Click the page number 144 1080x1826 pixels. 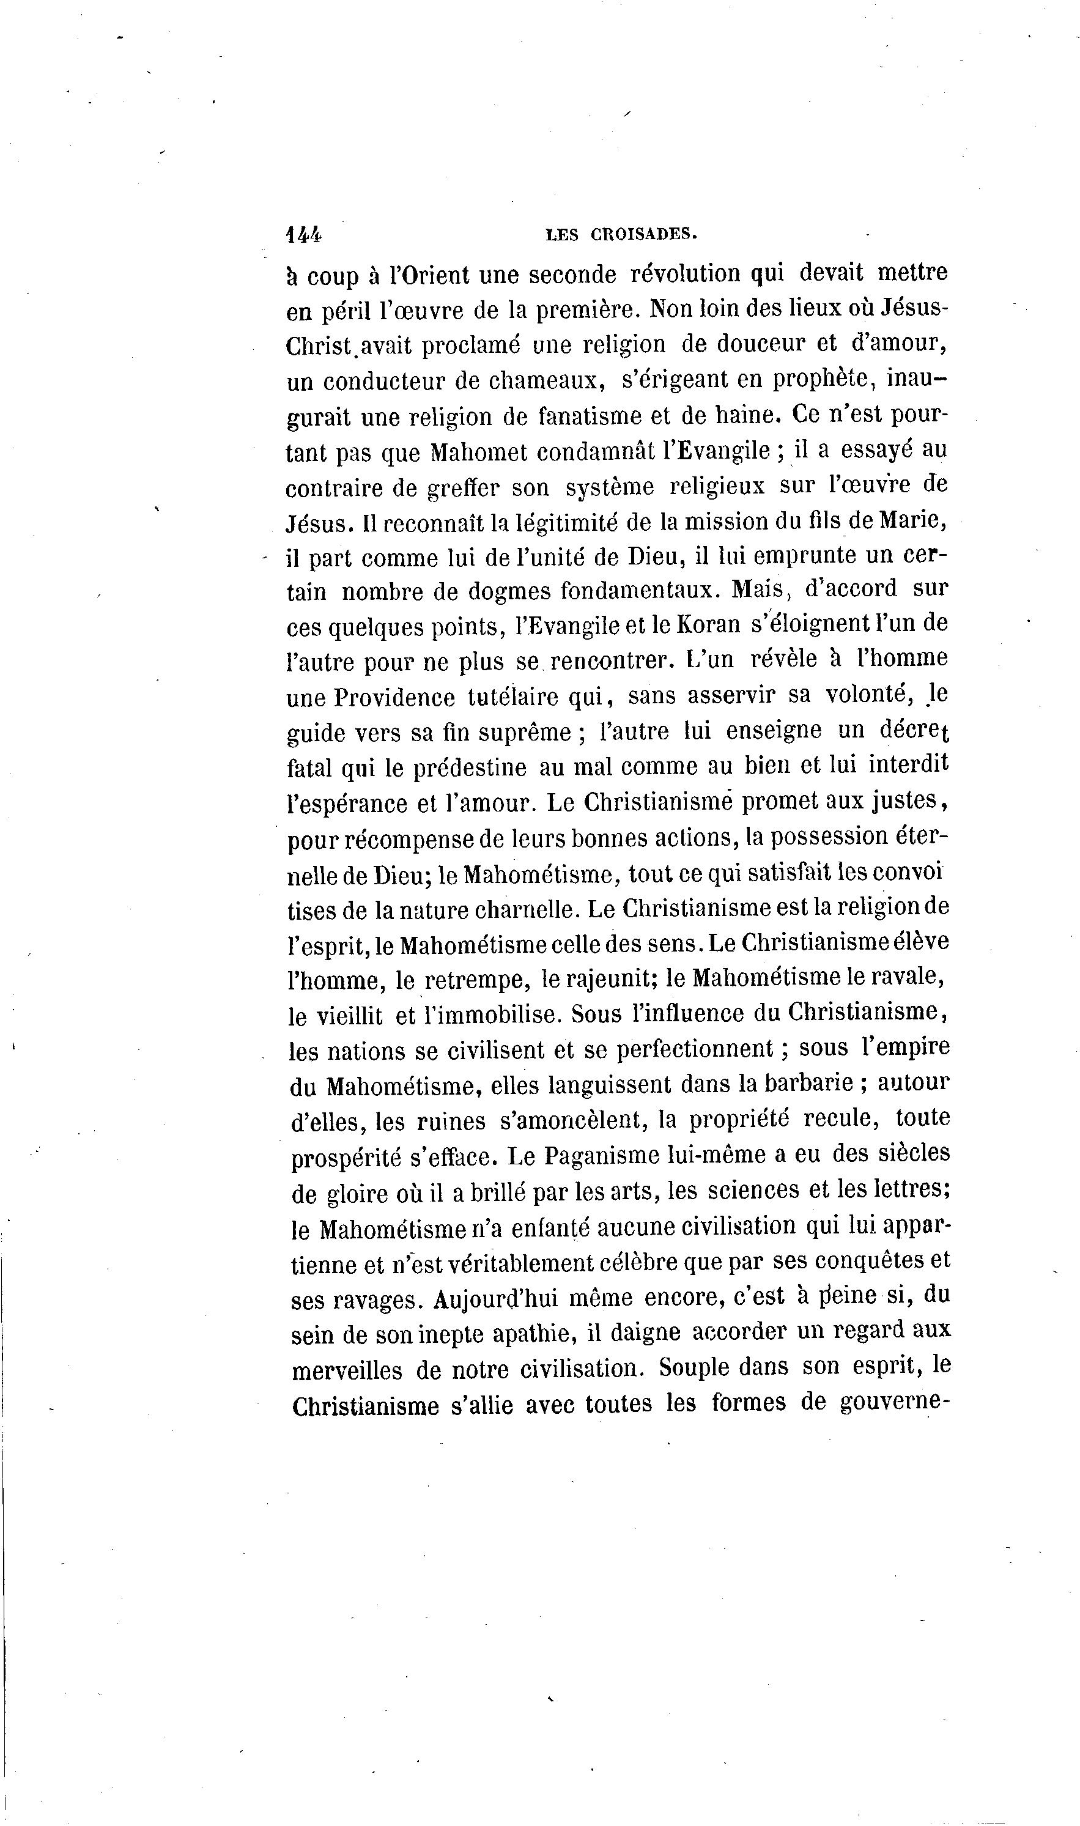pos(303,234)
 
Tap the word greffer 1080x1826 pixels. pos(464,488)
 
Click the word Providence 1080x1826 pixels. pos(394,697)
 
